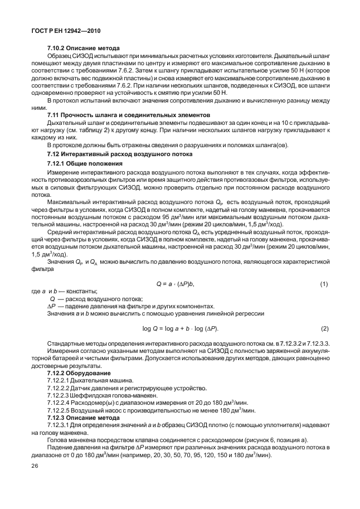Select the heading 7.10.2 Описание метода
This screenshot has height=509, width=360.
click(x=80, y=49)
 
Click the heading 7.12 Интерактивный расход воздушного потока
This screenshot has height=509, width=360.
click(x=119, y=153)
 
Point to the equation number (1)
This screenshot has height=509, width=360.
click(x=324, y=284)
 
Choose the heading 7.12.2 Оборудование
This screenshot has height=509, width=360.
click(x=79, y=372)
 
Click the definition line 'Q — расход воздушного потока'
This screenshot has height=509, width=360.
click(x=96, y=299)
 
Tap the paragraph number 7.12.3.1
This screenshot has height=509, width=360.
click(x=59, y=425)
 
